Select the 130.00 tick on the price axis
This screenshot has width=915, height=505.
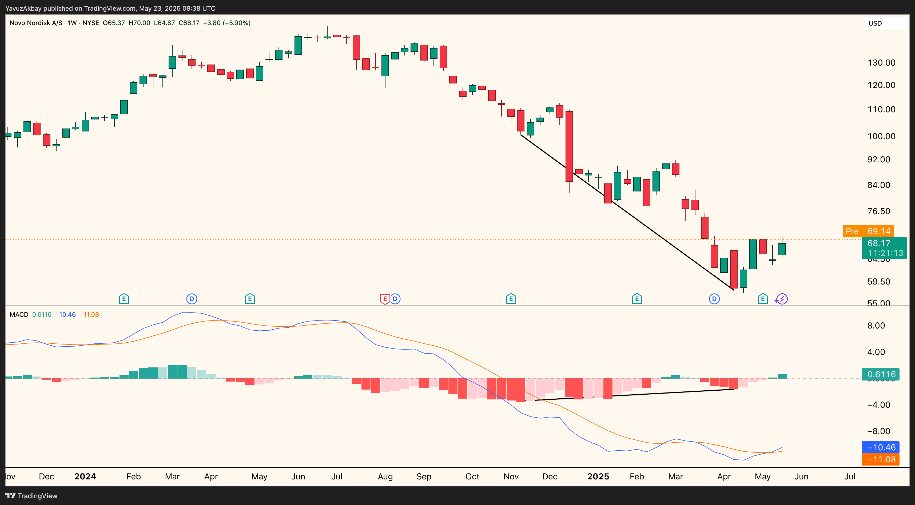tap(881, 63)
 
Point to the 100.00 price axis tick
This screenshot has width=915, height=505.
tap(881, 136)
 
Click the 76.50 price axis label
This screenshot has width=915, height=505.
tap(879, 211)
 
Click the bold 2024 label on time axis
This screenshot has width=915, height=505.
tap(85, 476)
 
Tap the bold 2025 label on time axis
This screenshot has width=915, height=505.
tap(598, 476)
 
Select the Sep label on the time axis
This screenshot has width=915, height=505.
tap(424, 476)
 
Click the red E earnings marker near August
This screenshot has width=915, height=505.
tap(385, 299)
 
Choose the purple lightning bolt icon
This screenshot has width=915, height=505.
tap(782, 299)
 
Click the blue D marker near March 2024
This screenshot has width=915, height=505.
tap(192, 299)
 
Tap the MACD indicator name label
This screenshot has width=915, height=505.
tap(19, 315)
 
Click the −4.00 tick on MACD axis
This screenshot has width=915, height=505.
tap(879, 405)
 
